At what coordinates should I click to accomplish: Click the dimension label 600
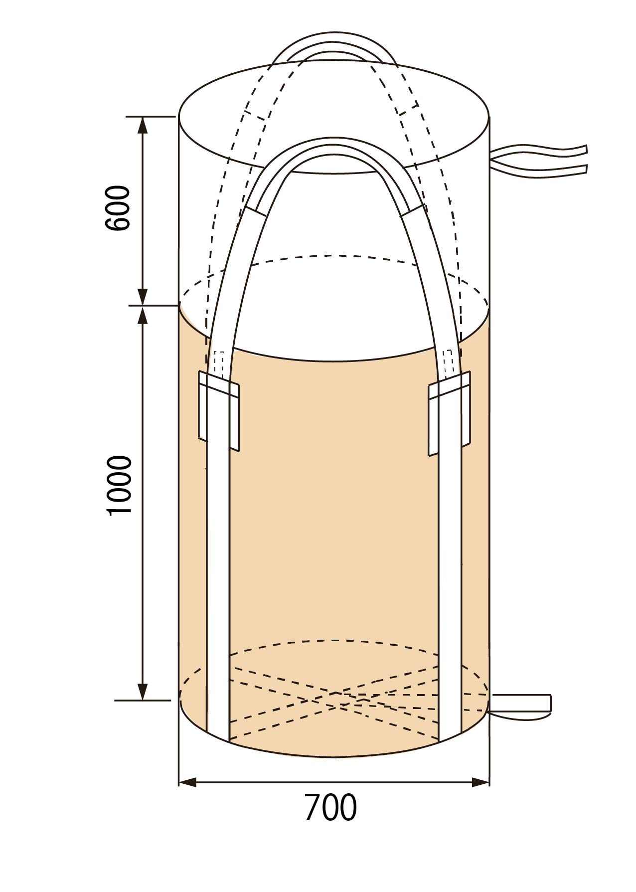[118, 207]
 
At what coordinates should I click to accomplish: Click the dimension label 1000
[120, 485]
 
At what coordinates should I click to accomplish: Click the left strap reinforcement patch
[219, 410]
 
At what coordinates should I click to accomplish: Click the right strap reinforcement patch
[450, 413]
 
